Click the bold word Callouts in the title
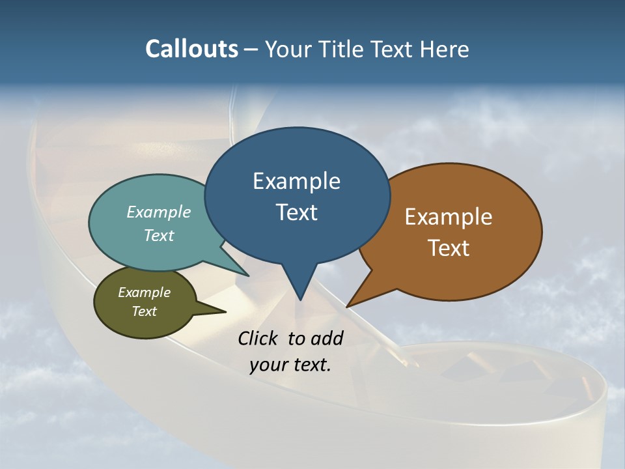coord(191,49)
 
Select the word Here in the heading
coord(444,49)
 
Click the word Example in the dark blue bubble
coord(296,180)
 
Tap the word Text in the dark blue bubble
coord(296,212)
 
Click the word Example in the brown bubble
coord(449,216)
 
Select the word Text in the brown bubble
coord(449,248)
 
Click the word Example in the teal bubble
coord(159,212)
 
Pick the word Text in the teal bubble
coord(159,235)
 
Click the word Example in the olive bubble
coord(144,292)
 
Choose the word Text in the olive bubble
coord(144,311)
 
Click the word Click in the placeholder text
coord(259,338)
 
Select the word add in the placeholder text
coord(326,338)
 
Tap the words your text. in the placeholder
coord(290,365)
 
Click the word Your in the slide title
coord(290,49)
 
